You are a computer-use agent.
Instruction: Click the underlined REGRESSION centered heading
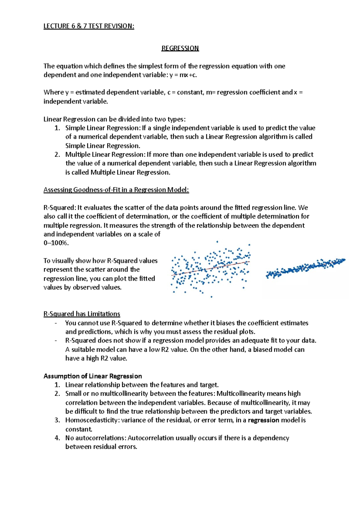pos(180,48)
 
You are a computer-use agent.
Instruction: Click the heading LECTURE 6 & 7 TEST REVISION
pos(89,26)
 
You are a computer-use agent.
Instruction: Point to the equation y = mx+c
pos(183,75)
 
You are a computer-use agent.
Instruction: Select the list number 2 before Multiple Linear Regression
pos(57,155)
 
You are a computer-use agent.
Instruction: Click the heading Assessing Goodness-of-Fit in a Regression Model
pos(116,190)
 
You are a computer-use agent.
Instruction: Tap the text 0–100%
pos(56,243)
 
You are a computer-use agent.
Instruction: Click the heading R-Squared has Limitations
pos(82,314)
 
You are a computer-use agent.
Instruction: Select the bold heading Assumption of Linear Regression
pos(93,376)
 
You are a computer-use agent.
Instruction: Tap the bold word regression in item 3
pos(263,420)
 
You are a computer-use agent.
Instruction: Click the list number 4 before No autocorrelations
pos(57,438)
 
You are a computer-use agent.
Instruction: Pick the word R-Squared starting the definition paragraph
pos(59,208)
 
